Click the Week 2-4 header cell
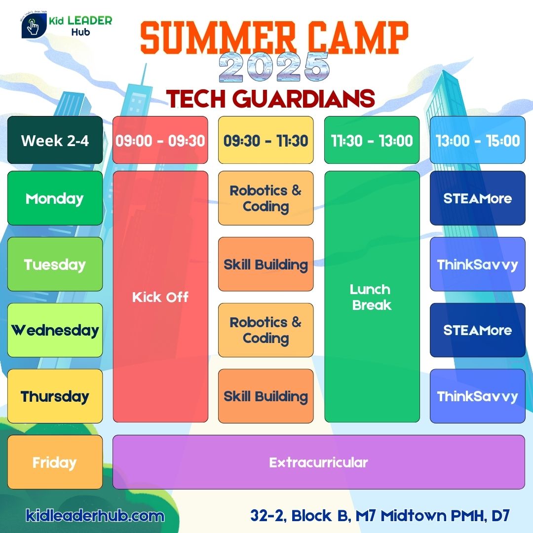[55, 140]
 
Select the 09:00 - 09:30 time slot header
[160, 140]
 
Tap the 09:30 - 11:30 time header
[266, 140]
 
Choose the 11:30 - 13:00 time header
[372, 140]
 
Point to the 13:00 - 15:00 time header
[478, 140]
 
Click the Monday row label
[55, 198]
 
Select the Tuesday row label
[55, 264]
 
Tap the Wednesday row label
[55, 330]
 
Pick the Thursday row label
[55, 396]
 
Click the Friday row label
[55, 462]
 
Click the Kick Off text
[160, 297]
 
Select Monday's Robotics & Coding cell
[266, 198]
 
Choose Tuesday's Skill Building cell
[266, 264]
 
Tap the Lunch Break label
[371, 297]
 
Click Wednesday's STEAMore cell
[478, 330]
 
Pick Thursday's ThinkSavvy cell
[478, 396]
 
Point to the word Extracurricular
[318, 462]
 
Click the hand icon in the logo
[33, 26]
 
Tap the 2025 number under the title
[274, 67]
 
